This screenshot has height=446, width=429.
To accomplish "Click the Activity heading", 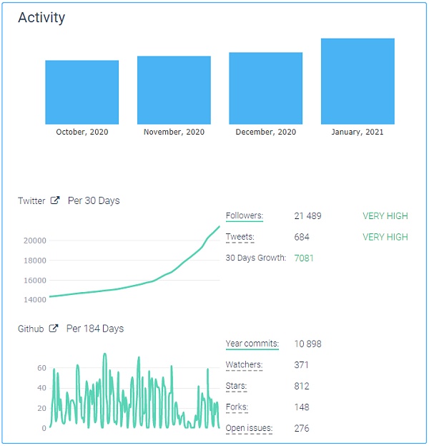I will (41, 18).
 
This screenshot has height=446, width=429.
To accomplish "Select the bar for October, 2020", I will (82, 92).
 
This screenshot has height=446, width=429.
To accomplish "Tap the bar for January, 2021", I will (357, 82).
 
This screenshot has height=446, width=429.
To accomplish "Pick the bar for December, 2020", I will (265, 88).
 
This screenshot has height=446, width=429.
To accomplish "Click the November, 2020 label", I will (174, 132).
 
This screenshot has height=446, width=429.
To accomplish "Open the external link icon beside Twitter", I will (55, 201).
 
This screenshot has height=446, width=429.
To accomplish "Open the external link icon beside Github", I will (54, 329).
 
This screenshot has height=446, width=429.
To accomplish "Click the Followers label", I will (245, 215).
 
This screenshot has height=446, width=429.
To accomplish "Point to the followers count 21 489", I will (308, 216).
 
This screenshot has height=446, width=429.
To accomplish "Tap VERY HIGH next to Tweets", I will (385, 237).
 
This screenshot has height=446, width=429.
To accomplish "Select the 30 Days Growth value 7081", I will (304, 258).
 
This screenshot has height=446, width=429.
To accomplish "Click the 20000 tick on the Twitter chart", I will (34, 241).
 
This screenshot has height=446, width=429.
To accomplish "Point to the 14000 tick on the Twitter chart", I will (34, 300).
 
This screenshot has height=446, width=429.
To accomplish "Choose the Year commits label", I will (252, 344).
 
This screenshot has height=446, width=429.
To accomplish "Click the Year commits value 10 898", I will (308, 344).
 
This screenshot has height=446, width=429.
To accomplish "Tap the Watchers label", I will (244, 365).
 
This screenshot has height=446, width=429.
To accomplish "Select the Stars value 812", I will (302, 387).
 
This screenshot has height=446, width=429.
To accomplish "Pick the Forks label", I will (237, 407).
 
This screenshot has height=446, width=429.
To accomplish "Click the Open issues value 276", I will (302, 429).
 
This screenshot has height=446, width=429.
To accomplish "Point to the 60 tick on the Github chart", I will (41, 368).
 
